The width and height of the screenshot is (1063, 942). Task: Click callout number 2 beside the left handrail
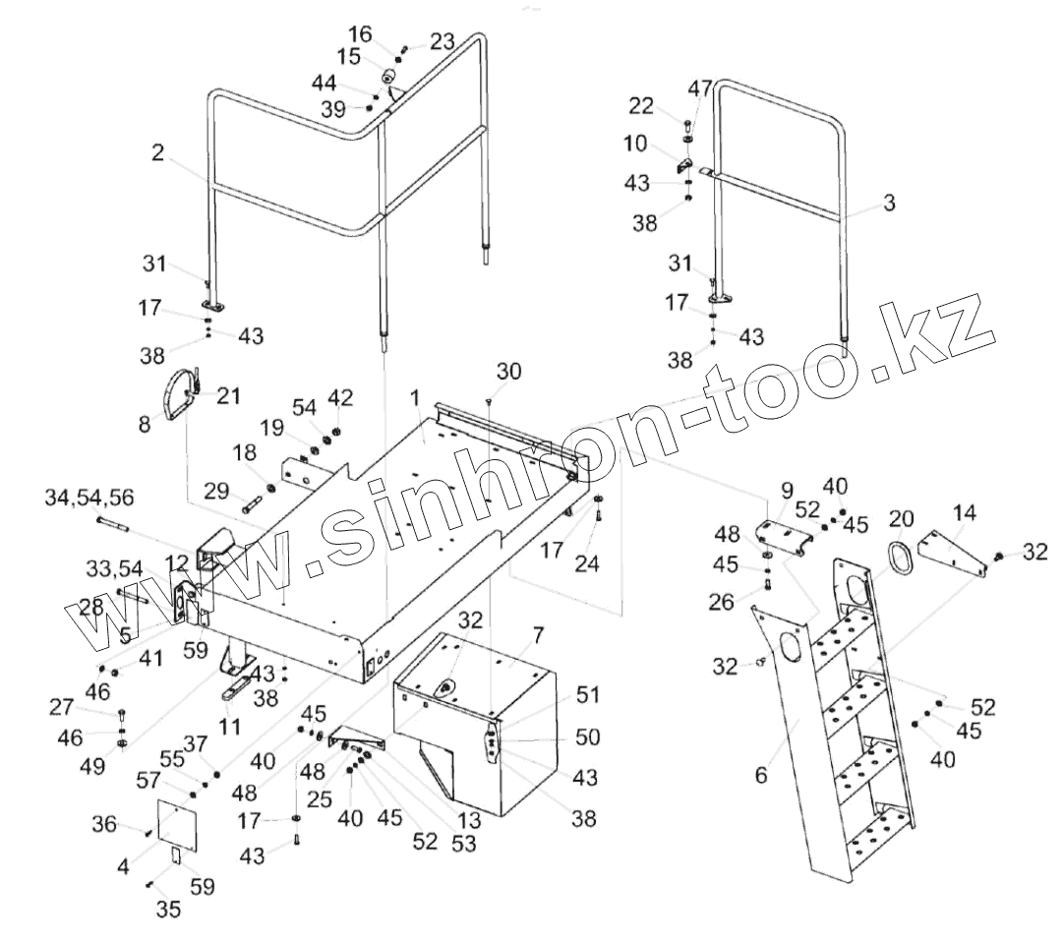point(157,152)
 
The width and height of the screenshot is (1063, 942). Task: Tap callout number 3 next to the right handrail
point(888,204)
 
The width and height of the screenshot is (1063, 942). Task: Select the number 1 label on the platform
point(416,398)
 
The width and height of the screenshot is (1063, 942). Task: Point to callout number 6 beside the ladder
point(759,774)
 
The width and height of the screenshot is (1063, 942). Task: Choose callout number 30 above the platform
point(509,371)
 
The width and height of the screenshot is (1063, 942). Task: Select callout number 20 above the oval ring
point(903,517)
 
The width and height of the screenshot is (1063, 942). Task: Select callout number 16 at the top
point(361,34)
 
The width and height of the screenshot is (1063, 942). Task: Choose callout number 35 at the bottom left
point(168,909)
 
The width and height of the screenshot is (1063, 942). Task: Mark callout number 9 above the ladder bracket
point(787,489)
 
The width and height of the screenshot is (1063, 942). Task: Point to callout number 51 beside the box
point(588,695)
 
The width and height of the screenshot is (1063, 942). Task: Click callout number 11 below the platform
point(228,728)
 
